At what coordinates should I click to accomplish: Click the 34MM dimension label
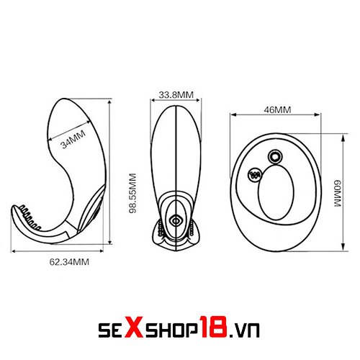click(x=73, y=139)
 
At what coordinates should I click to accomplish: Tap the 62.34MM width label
click(x=69, y=262)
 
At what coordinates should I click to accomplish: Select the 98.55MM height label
click(x=132, y=194)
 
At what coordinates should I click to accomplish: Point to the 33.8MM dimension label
click(x=176, y=95)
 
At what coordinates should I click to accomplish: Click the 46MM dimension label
click(x=277, y=110)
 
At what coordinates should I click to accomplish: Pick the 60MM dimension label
click(x=337, y=193)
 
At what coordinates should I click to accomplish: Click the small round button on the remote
click(x=275, y=157)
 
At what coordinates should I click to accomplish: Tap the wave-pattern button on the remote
click(x=255, y=174)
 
